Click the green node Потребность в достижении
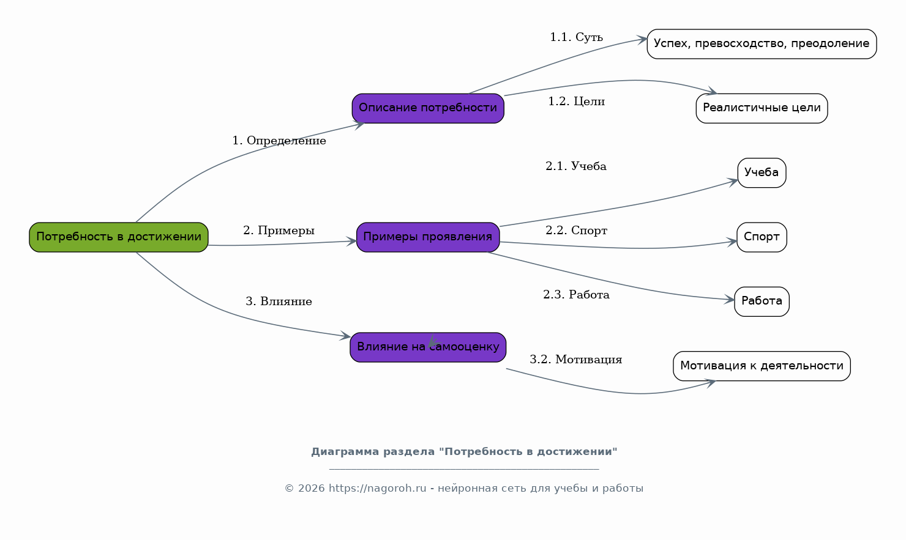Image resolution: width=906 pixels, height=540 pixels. click(x=119, y=237)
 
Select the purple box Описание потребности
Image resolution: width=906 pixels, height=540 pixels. click(x=428, y=108)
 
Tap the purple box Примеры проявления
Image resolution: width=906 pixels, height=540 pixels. click(x=428, y=237)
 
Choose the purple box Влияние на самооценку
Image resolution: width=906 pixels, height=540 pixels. click(x=428, y=347)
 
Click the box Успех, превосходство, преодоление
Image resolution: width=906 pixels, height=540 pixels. click(x=762, y=44)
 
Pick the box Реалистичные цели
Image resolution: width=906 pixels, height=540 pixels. click(x=762, y=108)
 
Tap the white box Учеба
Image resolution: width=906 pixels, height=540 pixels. click(x=762, y=173)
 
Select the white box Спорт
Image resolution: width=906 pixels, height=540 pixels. click(x=762, y=237)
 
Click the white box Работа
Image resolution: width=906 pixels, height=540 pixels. click(x=762, y=301)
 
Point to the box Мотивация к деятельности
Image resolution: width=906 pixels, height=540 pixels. click(x=762, y=366)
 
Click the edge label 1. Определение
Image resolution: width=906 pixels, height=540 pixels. click(x=279, y=141)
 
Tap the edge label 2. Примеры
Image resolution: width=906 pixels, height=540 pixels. click(x=279, y=231)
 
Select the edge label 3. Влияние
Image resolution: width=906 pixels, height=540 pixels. click(x=279, y=301)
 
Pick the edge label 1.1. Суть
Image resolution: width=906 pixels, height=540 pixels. click(x=577, y=37)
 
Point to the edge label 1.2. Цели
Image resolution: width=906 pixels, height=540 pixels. click(x=577, y=102)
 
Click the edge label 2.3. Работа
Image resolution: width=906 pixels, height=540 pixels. click(x=577, y=295)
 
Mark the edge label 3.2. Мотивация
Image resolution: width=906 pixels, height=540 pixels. click(x=576, y=360)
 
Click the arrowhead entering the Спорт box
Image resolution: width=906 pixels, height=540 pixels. click(x=732, y=242)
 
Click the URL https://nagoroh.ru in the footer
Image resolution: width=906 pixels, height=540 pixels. click(x=377, y=489)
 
